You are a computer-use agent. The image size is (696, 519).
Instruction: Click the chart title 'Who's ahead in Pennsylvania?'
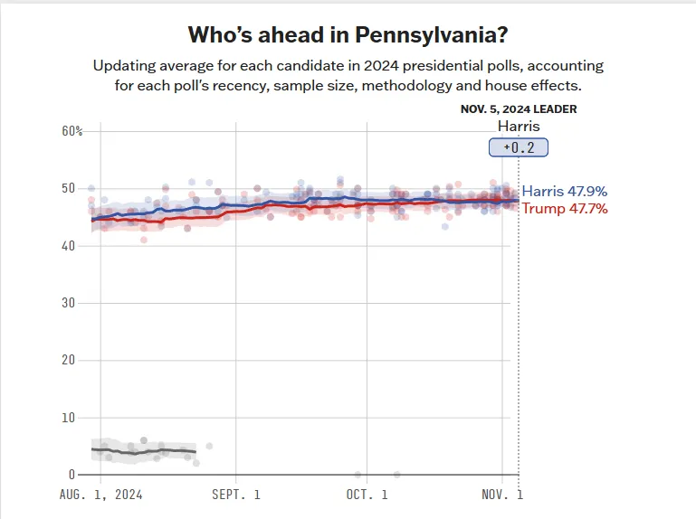[x=348, y=35]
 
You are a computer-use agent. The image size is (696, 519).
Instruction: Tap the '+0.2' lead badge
[x=519, y=147]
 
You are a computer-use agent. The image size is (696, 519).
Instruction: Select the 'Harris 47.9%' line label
[x=565, y=192]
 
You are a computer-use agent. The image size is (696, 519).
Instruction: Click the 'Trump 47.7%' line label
[x=565, y=209]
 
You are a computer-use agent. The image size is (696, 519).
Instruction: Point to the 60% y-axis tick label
[x=72, y=131]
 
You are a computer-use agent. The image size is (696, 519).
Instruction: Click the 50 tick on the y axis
[x=69, y=188]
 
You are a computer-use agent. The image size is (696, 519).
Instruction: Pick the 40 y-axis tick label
[x=69, y=245]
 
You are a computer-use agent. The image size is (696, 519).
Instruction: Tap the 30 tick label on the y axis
[x=69, y=303]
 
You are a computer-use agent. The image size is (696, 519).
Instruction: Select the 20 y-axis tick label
[x=69, y=360]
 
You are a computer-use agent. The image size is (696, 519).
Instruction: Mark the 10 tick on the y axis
[x=69, y=418]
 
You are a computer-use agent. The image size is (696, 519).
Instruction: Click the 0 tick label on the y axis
[x=72, y=475]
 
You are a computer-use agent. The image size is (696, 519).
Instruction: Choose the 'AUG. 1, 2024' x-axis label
[x=100, y=495]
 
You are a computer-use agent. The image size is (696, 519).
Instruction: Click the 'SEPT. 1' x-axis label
[x=235, y=495]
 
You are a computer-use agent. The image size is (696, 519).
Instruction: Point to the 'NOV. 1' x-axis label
[x=501, y=495]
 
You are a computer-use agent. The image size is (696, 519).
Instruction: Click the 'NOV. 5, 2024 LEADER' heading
[x=519, y=109]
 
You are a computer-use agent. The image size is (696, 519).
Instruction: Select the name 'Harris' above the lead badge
[x=519, y=127]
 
